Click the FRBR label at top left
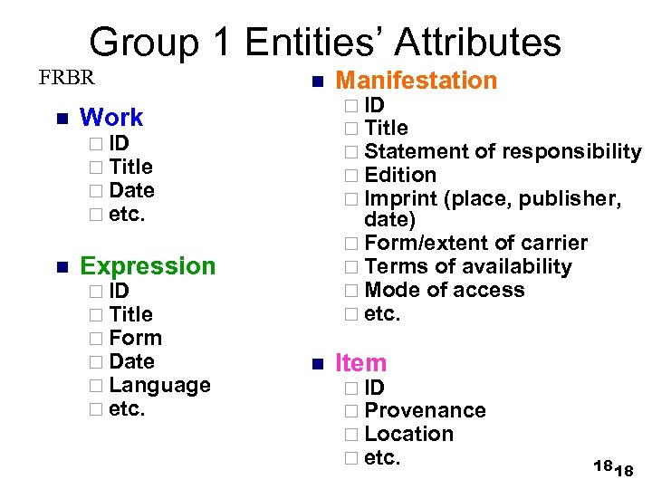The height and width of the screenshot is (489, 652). click(x=66, y=76)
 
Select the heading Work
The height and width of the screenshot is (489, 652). click(x=111, y=118)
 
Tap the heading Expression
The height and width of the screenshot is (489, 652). click(x=148, y=265)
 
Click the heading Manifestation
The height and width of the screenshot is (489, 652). click(x=417, y=81)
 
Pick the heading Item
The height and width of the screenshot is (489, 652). click(x=360, y=363)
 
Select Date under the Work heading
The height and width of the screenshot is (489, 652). click(x=131, y=190)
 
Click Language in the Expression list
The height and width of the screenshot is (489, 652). click(x=159, y=385)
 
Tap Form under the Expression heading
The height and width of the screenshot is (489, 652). click(x=135, y=338)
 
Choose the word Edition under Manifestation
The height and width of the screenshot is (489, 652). click(x=400, y=175)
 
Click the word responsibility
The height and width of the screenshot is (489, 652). click(x=570, y=151)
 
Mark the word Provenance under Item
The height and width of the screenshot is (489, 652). click(x=425, y=411)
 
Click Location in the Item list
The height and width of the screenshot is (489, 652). click(x=408, y=434)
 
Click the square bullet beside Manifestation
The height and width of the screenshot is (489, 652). click(x=316, y=82)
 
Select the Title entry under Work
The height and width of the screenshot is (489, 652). click(x=130, y=167)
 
